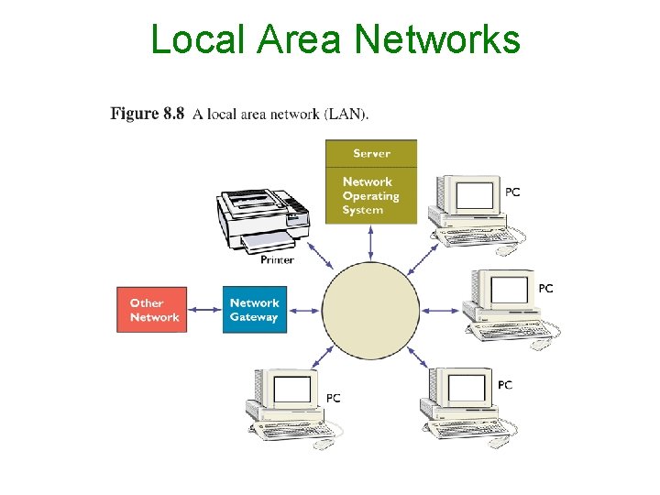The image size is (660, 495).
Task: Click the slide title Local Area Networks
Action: click(x=335, y=39)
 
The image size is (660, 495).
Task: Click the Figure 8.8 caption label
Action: click(x=147, y=114)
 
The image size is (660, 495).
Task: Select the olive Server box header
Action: click(x=371, y=153)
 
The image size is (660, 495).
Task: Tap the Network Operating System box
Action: click(x=371, y=195)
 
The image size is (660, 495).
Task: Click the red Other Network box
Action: click(x=152, y=310)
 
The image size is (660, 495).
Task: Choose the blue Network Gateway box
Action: click(x=254, y=310)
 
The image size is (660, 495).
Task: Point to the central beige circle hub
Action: click(x=370, y=309)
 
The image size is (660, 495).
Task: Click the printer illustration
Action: click(x=261, y=221)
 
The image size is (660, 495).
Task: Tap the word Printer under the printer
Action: click(x=277, y=259)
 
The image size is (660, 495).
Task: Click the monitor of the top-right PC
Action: click(x=475, y=196)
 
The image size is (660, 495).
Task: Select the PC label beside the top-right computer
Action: click(x=513, y=192)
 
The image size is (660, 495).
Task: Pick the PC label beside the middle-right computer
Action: click(x=546, y=289)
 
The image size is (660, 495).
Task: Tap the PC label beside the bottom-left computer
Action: click(x=334, y=398)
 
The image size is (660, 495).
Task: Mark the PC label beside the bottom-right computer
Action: click(x=505, y=385)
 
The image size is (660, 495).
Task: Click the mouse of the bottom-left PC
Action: click(x=324, y=445)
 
